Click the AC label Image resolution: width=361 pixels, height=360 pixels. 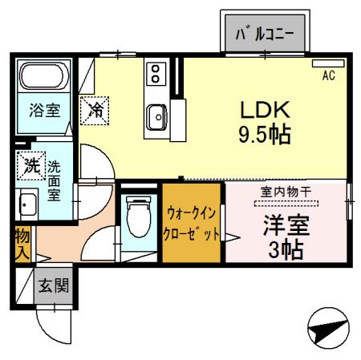click(x=328, y=76)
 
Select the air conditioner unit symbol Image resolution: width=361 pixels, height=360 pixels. click(x=327, y=63)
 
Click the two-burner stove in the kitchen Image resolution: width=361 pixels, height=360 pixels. click(x=154, y=75)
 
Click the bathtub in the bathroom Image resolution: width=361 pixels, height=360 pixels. click(x=45, y=78)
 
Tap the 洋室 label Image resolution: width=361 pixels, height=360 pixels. click(x=286, y=222)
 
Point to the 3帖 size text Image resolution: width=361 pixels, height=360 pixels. click(x=286, y=249)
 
